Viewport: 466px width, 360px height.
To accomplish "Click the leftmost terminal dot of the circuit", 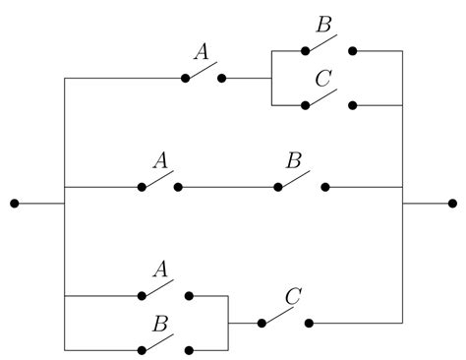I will coord(14,204).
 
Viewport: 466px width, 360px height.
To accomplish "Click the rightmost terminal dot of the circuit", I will coord(452,204).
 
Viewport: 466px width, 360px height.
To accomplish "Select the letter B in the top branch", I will coord(320,24).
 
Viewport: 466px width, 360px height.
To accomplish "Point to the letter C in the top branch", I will coord(320,78).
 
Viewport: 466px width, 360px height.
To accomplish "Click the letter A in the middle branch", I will coord(158,159).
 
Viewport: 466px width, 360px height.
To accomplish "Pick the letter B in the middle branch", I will coord(293,159).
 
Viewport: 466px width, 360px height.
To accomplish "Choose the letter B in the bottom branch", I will coord(159,323).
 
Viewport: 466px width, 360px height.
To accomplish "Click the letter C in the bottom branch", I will coord(292,296).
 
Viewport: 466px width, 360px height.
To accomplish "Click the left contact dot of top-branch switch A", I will coord(185,78).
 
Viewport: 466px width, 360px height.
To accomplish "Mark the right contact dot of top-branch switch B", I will coord(352,50).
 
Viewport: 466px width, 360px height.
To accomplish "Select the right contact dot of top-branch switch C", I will coord(352,104).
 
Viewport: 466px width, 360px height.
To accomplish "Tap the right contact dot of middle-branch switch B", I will coord(325,186).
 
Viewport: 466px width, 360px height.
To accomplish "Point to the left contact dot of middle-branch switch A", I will coord(143,186).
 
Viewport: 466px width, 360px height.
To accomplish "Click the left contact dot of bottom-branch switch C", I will coord(262,322).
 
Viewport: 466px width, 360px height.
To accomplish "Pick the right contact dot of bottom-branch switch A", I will coord(190,295).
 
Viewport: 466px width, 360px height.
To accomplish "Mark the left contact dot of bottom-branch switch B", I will coord(143,349).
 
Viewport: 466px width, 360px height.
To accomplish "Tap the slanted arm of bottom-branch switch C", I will coord(278,315).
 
